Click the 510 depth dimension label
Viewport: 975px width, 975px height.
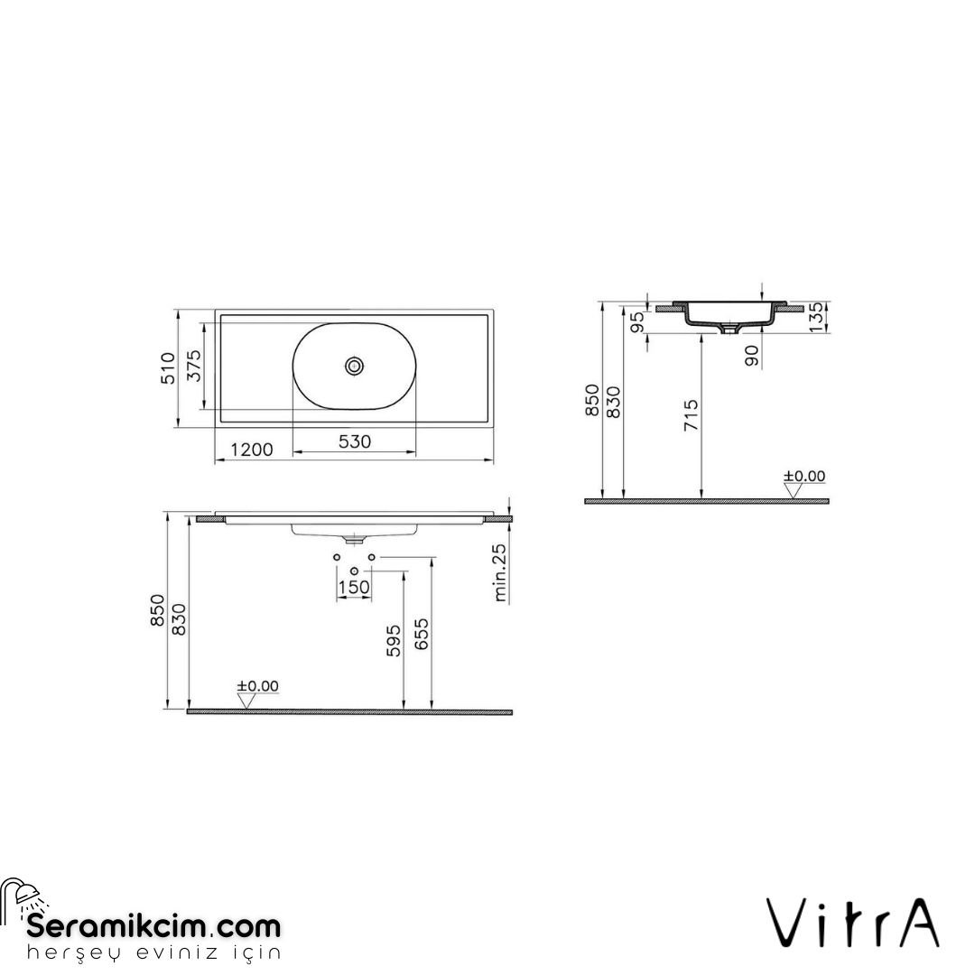click(166, 369)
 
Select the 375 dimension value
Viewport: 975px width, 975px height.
click(193, 366)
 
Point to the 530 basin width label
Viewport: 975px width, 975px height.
click(354, 441)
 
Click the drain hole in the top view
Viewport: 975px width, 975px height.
click(355, 366)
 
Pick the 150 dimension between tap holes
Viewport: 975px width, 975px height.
click(353, 587)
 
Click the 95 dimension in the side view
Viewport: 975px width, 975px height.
click(637, 322)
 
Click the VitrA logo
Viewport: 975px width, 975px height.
click(854, 922)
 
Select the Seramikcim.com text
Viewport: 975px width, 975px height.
click(154, 926)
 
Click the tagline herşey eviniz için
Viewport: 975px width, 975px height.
click(154, 953)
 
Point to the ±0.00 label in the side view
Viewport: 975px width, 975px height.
click(803, 476)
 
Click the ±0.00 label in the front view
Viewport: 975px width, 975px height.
click(257, 686)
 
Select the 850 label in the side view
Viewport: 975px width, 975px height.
click(591, 400)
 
